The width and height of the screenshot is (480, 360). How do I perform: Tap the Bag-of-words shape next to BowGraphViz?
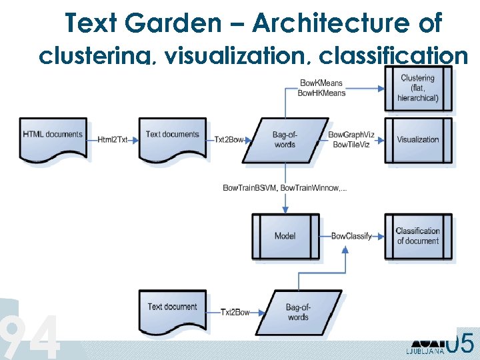(x=285, y=140)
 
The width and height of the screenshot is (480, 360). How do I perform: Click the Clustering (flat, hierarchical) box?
(x=418, y=88)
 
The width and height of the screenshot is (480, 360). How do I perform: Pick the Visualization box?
(x=418, y=140)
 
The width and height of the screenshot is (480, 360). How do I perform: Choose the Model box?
(x=285, y=236)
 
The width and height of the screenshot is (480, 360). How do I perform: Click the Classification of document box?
(x=418, y=236)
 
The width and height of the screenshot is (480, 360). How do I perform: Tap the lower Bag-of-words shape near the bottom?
(x=298, y=312)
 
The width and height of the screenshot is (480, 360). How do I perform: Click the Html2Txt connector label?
(x=112, y=140)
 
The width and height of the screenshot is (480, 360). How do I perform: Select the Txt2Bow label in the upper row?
(x=230, y=140)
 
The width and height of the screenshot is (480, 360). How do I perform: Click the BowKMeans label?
(x=321, y=83)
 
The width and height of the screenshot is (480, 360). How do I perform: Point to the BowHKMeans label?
(x=321, y=93)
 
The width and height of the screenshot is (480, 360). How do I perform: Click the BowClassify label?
(x=351, y=236)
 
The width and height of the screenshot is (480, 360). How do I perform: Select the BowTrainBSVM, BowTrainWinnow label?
(x=285, y=189)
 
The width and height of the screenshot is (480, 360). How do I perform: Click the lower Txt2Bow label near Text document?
(x=235, y=312)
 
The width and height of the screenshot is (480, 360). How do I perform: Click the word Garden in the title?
(x=181, y=24)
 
